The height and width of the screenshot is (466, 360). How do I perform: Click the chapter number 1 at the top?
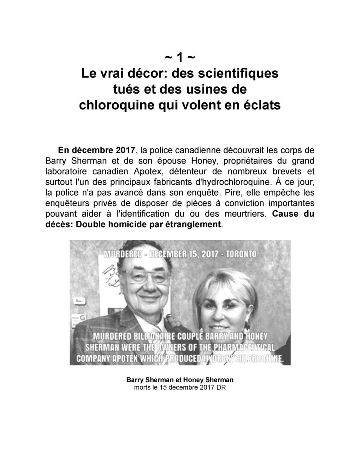[x=180, y=57]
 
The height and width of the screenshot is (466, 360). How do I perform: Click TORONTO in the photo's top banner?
[x=241, y=254]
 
